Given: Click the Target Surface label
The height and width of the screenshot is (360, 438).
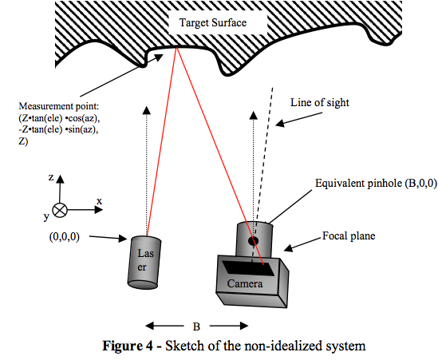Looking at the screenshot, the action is pos(213,22).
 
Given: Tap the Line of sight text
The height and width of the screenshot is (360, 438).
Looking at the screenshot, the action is pos(320,103).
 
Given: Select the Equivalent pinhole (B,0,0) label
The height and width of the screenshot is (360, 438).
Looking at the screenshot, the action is pos(376,184).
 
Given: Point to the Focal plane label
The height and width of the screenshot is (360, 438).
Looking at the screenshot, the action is pos(349,235).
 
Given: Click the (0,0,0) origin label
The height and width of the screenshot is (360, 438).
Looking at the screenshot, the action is pos(65,237).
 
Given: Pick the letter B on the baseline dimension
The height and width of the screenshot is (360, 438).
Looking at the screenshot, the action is pos(196,326).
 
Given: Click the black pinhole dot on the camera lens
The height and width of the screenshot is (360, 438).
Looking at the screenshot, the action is pos(254,240).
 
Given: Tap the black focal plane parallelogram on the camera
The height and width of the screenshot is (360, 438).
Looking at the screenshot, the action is pos(247,267).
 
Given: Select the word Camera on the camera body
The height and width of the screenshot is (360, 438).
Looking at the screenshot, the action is pos(245,283).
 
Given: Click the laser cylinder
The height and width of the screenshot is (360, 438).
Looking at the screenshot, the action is pos(144,263).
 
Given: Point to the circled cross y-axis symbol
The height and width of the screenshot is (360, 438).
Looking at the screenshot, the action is pos(60,210).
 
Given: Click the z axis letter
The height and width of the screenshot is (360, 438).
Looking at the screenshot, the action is pos(51,177).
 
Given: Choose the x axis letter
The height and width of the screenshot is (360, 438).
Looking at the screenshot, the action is pos(99,201).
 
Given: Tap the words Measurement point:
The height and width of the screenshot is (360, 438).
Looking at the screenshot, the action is pos(59,106).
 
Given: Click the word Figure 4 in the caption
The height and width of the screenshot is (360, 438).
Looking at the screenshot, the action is pos(128,346).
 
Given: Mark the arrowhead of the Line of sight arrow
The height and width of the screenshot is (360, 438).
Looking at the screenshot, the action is pos(279,123).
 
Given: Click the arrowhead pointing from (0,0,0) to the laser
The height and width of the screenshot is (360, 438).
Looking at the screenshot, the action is pos(123,239).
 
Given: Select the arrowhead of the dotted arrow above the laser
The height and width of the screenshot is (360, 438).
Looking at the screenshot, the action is pos(146,110).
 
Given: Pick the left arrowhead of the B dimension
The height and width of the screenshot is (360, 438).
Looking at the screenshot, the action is pos(150,326).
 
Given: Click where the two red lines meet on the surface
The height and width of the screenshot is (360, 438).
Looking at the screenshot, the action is pos(177,48).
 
